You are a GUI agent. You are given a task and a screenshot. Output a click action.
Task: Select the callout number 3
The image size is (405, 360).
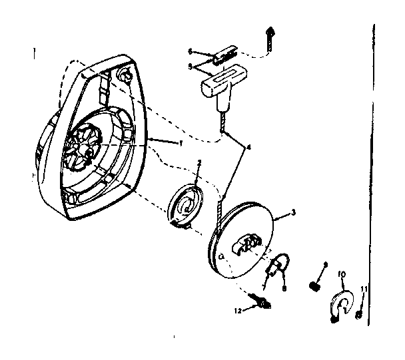(x=292, y=213)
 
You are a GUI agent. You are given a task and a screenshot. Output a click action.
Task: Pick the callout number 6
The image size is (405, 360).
(x=191, y=51)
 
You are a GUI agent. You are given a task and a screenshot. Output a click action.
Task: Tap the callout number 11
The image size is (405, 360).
(x=364, y=287)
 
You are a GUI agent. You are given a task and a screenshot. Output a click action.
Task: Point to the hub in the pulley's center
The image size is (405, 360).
(x=248, y=243)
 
